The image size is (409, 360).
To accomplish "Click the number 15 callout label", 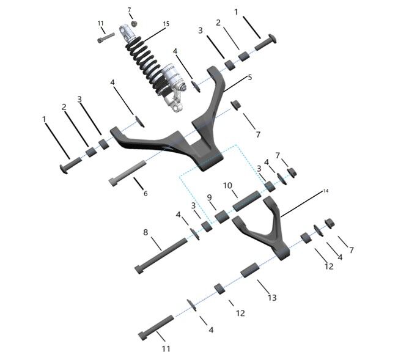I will (166, 24).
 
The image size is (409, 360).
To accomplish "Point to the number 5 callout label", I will (249, 78).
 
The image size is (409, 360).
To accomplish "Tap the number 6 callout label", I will (145, 193).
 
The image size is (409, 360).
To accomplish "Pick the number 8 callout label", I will (146, 232).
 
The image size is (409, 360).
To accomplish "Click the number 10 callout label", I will (227, 185).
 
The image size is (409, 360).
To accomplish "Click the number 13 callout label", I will (271, 297).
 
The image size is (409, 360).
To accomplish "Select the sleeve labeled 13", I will (248, 269).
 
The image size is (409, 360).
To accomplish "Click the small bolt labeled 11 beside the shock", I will (105, 37).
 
